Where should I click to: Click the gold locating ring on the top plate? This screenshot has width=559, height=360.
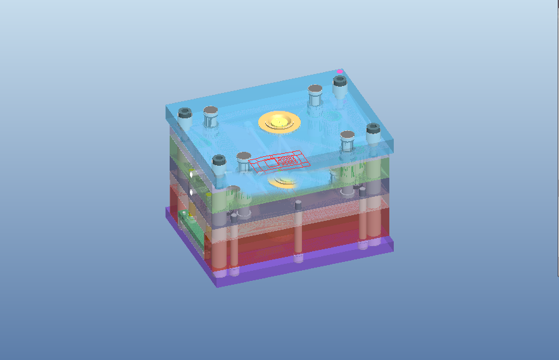(x=279, y=121)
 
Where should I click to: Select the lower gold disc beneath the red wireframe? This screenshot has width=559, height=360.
(x=282, y=182)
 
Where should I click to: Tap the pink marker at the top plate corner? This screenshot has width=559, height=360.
(x=340, y=71)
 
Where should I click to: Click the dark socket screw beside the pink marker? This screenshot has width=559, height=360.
(x=339, y=82)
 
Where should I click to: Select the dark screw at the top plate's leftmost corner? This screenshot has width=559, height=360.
(x=185, y=115)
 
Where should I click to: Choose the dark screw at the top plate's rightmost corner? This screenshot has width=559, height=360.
(x=372, y=130)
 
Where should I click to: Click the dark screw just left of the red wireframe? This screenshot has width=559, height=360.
(x=218, y=161)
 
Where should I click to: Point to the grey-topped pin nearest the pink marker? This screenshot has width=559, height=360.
(x=315, y=90)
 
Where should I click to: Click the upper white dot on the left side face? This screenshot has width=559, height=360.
(x=191, y=173)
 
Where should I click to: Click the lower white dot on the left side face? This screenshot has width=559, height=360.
(x=191, y=191)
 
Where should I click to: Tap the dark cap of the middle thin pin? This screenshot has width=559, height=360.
(x=297, y=206)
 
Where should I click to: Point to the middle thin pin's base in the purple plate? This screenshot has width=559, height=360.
(x=298, y=258)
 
